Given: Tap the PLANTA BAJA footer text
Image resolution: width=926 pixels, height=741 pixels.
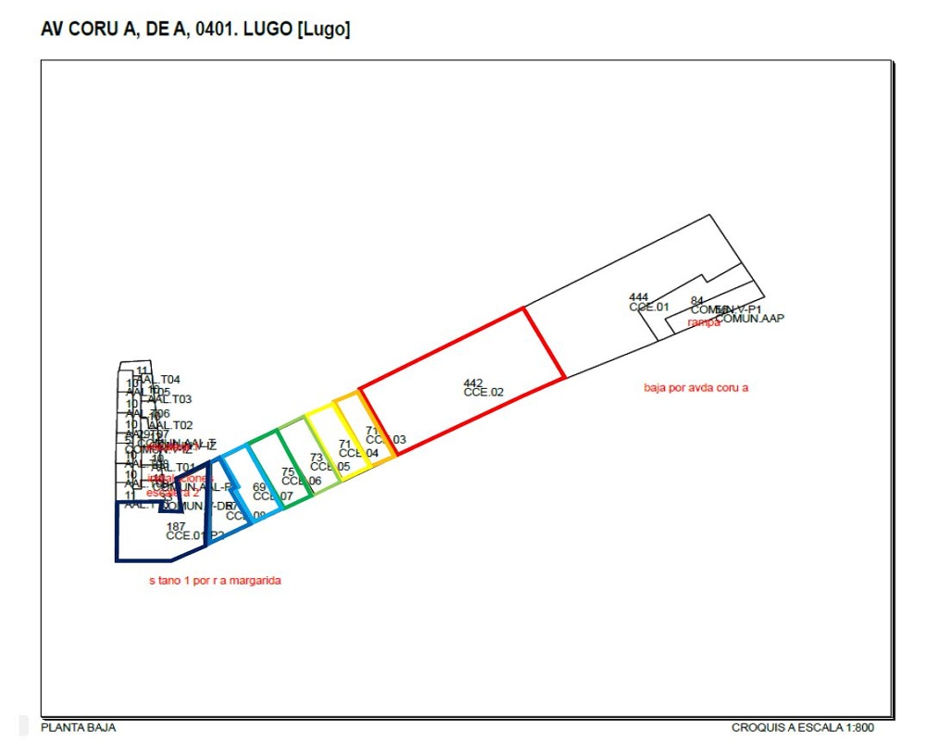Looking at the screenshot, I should click(79, 728).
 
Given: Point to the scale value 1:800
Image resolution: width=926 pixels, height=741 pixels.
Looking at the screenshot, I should click(857, 728).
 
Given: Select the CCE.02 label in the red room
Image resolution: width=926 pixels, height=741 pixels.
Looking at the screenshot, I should click(483, 393).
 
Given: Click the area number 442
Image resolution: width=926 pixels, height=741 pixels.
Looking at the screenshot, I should click(473, 383).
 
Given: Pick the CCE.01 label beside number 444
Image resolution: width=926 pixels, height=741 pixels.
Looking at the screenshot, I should click(648, 307).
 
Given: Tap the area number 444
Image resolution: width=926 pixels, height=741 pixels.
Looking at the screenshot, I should click(638, 296).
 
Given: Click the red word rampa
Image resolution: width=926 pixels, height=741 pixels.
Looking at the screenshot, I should click(704, 322).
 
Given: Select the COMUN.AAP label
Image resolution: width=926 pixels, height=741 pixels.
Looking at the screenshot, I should click(750, 319).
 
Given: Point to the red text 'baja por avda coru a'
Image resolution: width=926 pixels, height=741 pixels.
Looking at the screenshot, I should click(695, 387).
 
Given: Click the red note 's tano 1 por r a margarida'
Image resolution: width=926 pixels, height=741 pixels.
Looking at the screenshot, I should click(214, 581).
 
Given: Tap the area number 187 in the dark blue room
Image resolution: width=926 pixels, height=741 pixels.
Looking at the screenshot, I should click(176, 526).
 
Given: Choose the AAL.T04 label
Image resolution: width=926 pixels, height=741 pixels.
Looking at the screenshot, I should click(159, 380).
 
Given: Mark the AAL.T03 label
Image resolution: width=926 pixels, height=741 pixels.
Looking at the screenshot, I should click(169, 399).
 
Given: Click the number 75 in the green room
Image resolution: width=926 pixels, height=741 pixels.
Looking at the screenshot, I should click(288, 471).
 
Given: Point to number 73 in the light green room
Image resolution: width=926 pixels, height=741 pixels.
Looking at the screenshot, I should click(316, 458).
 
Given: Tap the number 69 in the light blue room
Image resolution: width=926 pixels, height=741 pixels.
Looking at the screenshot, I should click(259, 486).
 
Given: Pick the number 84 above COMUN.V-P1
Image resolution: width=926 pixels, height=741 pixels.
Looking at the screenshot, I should click(697, 300).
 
